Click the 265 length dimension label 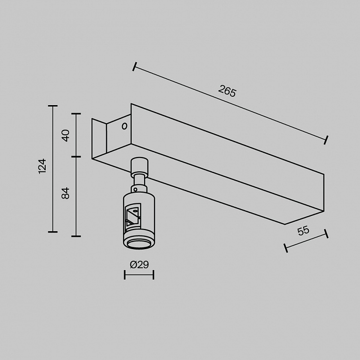[x=227, y=91]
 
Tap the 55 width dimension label [x=303, y=231]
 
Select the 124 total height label [x=42, y=166]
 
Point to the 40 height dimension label [x=66, y=136]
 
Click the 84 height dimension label [x=66, y=193]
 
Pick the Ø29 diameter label [x=139, y=265]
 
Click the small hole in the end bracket [x=125, y=126]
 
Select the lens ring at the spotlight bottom [x=139, y=244]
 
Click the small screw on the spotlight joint [x=135, y=189]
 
